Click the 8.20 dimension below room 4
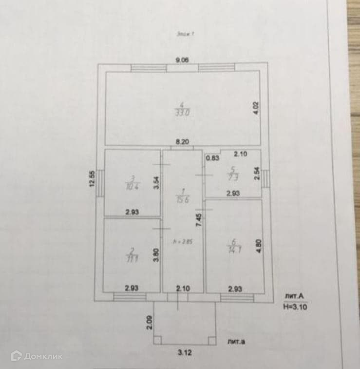point(182,142)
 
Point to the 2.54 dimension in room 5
point(257,174)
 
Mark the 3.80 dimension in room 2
point(156,256)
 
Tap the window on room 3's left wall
point(100,183)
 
